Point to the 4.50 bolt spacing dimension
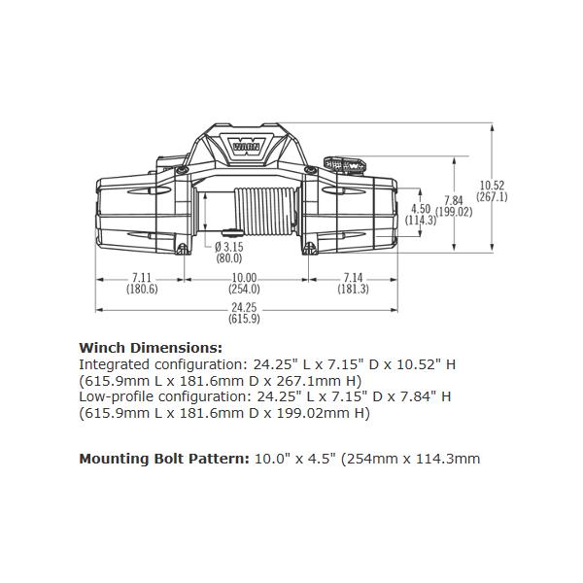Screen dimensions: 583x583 (421, 209)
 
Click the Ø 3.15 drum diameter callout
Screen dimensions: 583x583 (228, 247)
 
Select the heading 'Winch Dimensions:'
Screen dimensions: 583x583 (150, 347)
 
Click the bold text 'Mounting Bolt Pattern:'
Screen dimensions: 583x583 (162, 459)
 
